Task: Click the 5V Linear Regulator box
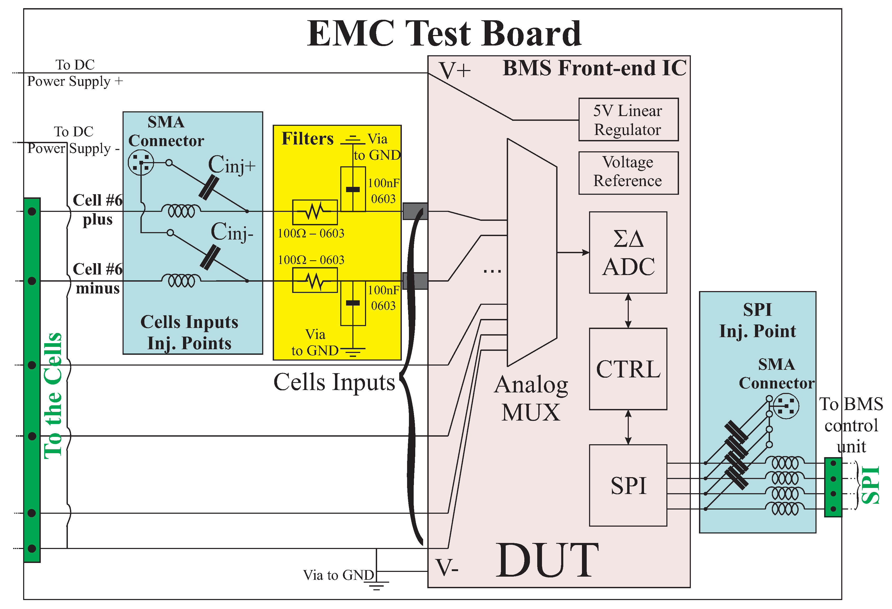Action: pyautogui.click(x=628, y=119)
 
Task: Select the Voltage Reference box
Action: pyautogui.click(x=628, y=173)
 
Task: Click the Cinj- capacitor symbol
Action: pyautogui.click(x=210, y=258)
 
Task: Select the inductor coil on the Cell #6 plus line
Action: pyautogui.click(x=181, y=211)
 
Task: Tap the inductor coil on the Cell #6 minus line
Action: pyautogui.click(x=181, y=281)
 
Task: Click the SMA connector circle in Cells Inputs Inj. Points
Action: pyautogui.click(x=141, y=163)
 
